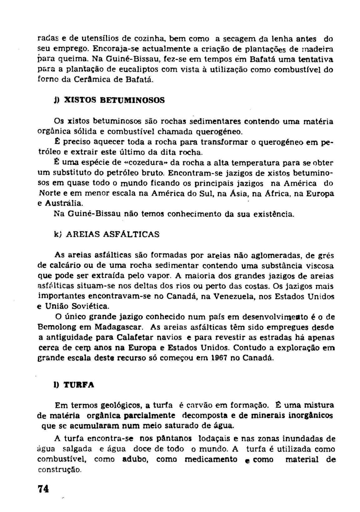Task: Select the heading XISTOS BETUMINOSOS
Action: click(x=114, y=100)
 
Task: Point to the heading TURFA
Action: click(x=79, y=385)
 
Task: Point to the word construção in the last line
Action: click(x=59, y=470)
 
